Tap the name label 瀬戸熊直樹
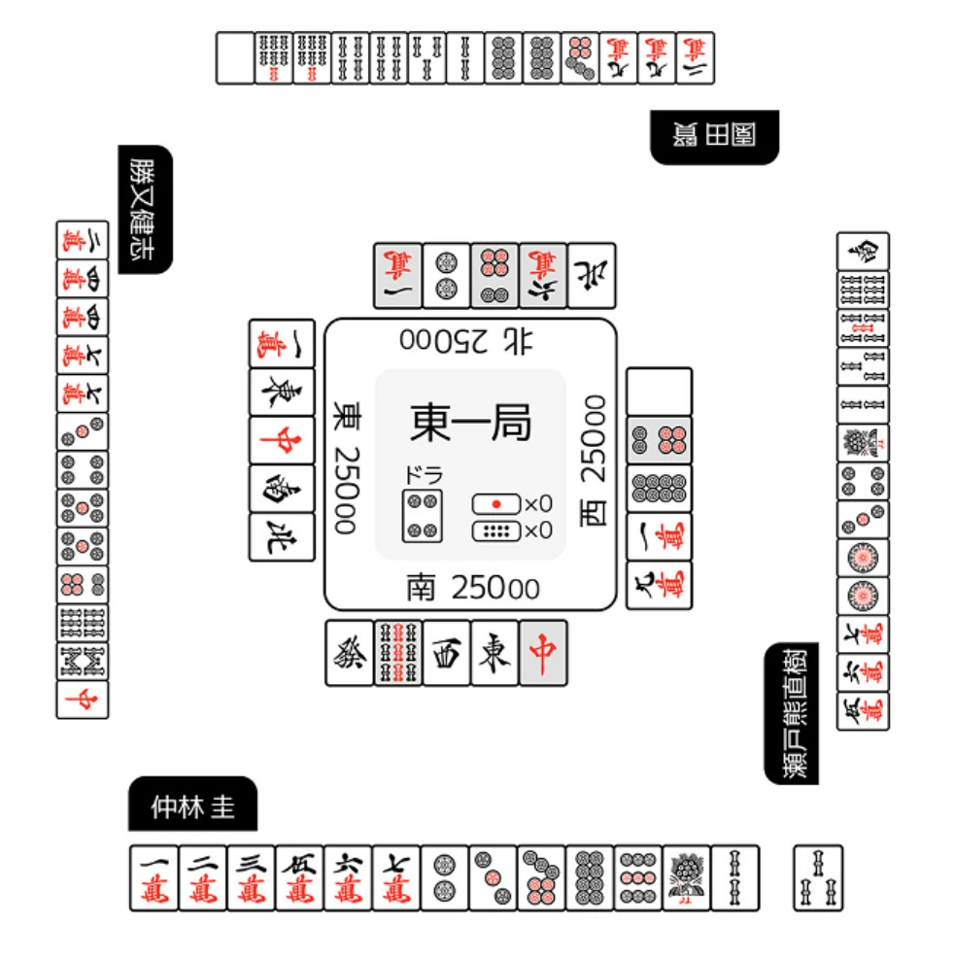pos(793,712)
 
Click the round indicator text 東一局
pos(470,424)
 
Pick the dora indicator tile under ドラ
pos(423,515)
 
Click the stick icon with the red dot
pos(497,504)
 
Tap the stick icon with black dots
pos(497,530)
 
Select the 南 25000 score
pos(472,587)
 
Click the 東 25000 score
pos(345,470)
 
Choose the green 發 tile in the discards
pos(349,653)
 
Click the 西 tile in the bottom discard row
pos(446,653)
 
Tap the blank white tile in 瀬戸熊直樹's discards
pos(659,391)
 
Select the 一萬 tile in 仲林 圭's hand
pos(154,877)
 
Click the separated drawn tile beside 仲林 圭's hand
pos(818,877)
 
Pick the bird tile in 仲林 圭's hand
pos(687,877)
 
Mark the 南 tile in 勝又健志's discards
pos(282,489)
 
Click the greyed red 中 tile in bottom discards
pos(543,653)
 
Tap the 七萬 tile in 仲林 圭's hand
pos(396,877)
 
